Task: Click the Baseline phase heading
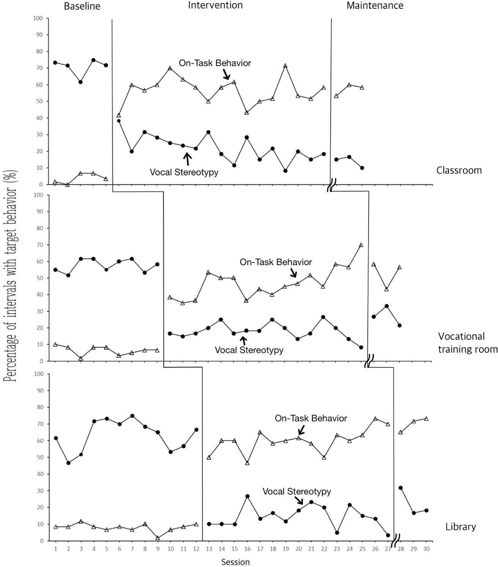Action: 82,6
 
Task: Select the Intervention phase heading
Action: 215,5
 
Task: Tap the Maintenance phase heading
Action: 375,6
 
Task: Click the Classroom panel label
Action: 459,170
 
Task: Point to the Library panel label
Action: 460,527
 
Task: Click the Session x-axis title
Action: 235,562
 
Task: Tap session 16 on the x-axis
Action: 247,549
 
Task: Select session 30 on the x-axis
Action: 426,549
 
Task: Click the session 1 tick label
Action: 56,549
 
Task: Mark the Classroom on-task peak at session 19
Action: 285,66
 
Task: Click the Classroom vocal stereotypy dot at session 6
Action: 119,121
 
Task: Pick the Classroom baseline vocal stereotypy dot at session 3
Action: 81,82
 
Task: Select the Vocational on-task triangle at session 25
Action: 361,245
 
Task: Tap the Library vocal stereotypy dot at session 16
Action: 247,496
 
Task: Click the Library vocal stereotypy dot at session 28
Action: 400,488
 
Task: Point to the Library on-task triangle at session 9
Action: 158,538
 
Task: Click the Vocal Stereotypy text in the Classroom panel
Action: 184,172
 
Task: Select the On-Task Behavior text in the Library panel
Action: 311,418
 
